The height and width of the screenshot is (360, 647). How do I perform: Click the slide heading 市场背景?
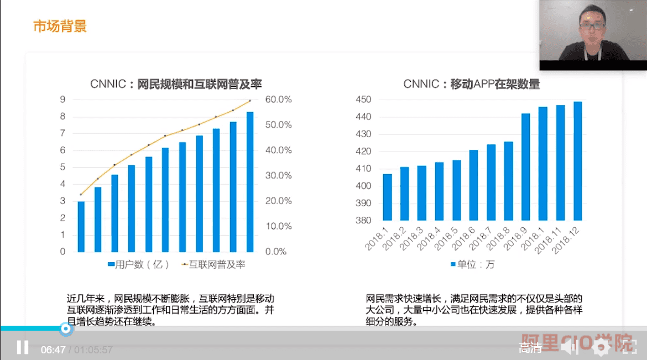point(60,26)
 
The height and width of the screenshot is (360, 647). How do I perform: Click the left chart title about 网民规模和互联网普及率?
point(176,84)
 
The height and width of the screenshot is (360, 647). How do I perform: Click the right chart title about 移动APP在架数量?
point(471,84)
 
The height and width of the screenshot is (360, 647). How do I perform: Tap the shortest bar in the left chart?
point(81,226)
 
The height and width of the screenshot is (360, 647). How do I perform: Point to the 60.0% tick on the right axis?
point(279,100)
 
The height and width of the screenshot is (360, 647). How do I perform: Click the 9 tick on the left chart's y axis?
point(63,100)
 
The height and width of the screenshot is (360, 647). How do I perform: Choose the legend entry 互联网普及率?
point(213,265)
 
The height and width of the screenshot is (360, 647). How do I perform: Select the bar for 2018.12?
point(578,161)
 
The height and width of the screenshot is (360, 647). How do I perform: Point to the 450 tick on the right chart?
point(363,100)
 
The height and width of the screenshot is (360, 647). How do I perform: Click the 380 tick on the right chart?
point(363,220)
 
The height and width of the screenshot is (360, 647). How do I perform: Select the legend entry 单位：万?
point(473,265)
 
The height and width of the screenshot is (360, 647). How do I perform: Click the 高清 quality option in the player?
point(530,348)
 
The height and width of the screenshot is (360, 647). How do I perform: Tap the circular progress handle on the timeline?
point(66,329)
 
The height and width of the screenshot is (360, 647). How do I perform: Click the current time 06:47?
point(53,350)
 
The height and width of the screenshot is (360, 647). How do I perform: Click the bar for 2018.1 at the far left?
point(388,197)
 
